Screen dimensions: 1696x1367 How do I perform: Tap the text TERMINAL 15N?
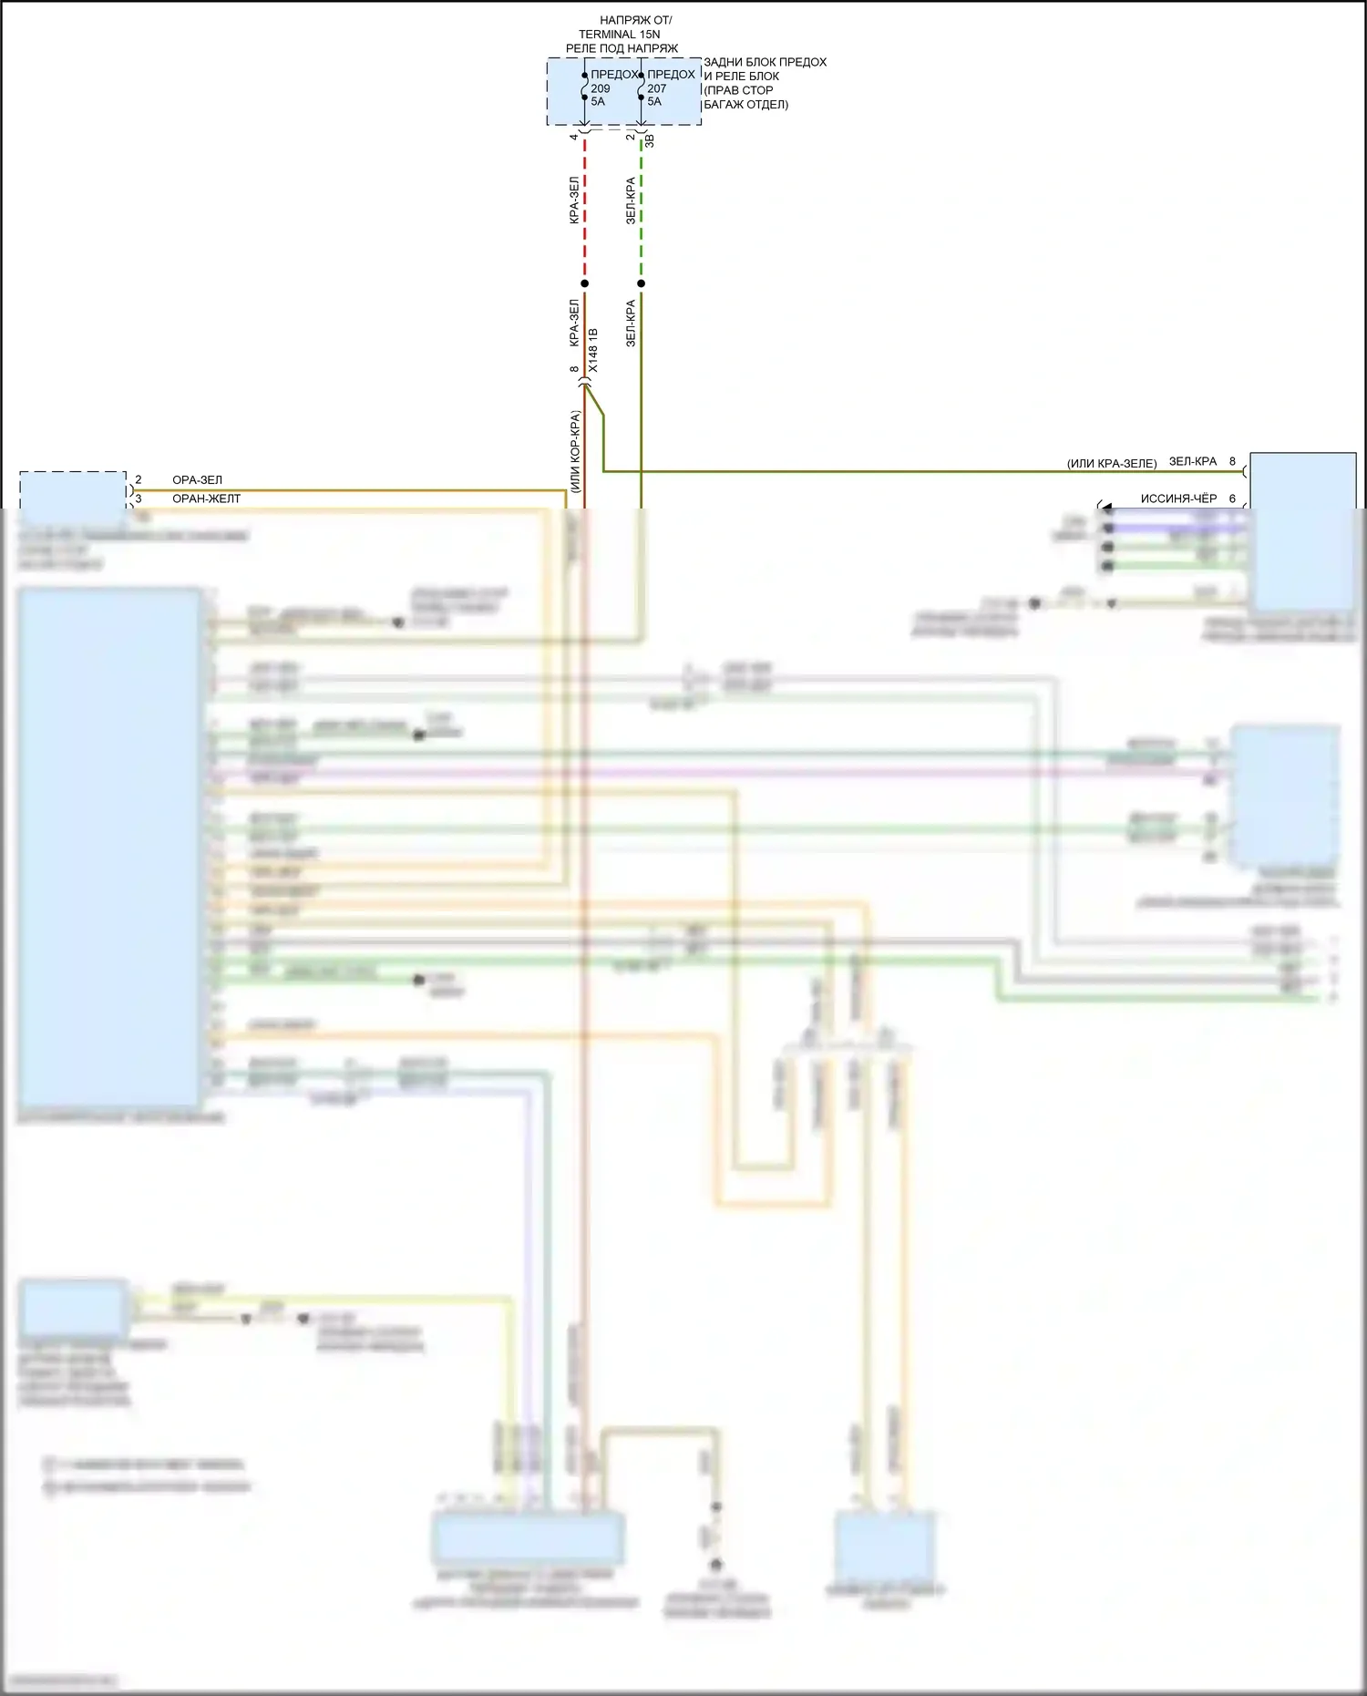619,35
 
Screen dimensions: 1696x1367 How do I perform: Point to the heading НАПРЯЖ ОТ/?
635,20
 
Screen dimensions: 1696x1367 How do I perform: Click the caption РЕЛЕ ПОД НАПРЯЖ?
622,48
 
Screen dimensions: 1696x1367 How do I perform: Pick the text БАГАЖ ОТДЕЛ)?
745,105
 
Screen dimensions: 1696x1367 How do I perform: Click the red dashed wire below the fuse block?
585,210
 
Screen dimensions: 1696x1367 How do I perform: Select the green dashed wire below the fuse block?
642,210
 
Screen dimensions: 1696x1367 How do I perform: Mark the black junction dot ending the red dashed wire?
585,283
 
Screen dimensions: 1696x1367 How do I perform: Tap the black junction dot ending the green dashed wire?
642,283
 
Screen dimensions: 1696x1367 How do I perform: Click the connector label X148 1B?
594,350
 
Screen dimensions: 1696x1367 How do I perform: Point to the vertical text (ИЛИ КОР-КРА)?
575,452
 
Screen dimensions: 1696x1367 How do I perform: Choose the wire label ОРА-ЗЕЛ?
197,480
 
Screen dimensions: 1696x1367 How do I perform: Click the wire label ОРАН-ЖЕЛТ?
206,499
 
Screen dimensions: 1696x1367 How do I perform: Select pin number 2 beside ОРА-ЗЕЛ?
139,480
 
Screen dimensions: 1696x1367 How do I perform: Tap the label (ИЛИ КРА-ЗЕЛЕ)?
1111,464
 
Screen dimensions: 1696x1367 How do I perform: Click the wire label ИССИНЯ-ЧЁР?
1178,499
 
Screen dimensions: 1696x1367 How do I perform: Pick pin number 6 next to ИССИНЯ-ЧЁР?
1232,499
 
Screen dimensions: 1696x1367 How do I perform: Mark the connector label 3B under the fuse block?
650,141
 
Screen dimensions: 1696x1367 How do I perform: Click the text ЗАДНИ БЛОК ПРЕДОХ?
765,63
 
